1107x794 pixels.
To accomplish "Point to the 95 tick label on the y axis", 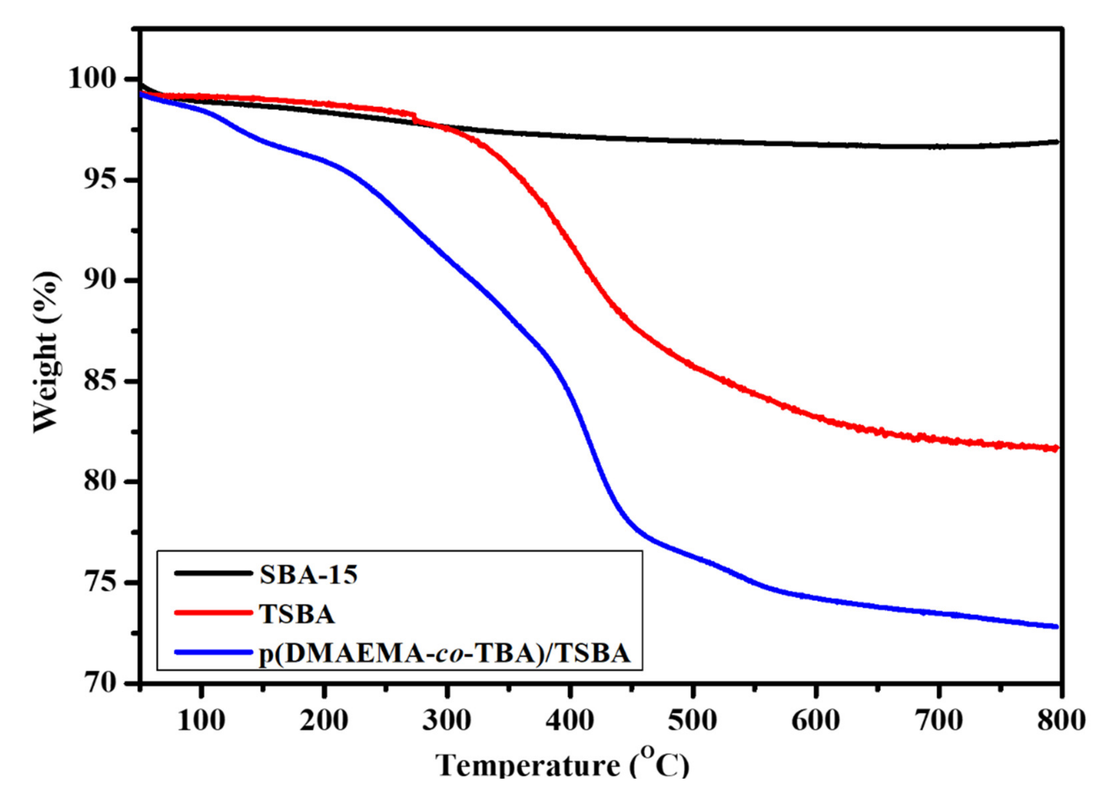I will click(x=104, y=180).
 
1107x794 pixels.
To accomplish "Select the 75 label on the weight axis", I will click(x=104, y=582).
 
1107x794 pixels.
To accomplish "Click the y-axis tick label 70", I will click(x=104, y=683).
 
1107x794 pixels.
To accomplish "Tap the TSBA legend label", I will click(x=297, y=615).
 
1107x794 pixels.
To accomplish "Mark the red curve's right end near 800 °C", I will click(x=1056, y=448).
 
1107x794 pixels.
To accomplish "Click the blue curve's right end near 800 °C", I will click(x=1056, y=627).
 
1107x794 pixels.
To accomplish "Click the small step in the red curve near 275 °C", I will click(x=414, y=117).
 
